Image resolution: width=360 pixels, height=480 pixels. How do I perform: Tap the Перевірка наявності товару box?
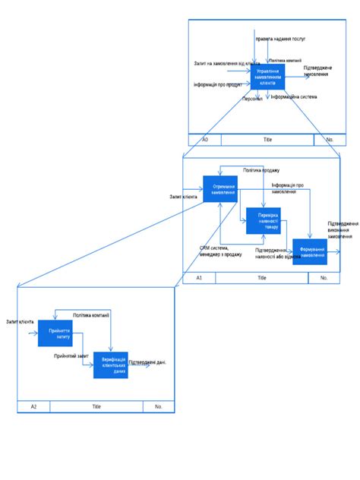[263, 220]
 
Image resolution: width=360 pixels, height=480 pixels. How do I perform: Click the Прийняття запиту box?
[55, 333]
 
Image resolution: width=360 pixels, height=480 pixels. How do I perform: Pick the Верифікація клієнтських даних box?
[110, 365]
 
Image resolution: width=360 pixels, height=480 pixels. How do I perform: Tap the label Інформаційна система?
[294, 97]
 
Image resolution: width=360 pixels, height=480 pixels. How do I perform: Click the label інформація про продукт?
[219, 84]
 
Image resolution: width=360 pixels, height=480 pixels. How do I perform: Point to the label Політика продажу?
[262, 170]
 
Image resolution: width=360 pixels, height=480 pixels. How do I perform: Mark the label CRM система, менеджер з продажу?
[220, 251]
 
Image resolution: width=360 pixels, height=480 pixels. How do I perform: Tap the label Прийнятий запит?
[71, 355]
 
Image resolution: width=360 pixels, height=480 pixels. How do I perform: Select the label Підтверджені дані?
[147, 363]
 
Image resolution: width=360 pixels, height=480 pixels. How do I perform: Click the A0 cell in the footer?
[205, 140]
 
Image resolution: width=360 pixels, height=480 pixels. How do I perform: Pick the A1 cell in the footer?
[199, 278]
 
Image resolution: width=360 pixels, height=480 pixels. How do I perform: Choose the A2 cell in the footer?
[33, 406]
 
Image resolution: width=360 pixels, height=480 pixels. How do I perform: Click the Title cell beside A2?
[96, 406]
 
